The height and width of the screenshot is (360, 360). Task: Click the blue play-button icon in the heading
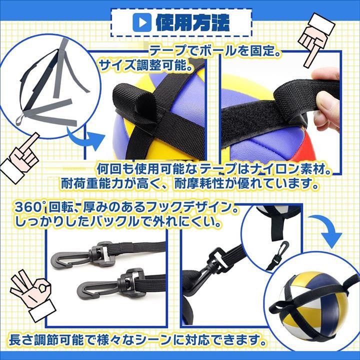(142, 22)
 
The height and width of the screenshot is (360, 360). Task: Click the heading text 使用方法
(193, 22)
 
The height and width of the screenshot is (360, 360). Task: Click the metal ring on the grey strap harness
(20, 119)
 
